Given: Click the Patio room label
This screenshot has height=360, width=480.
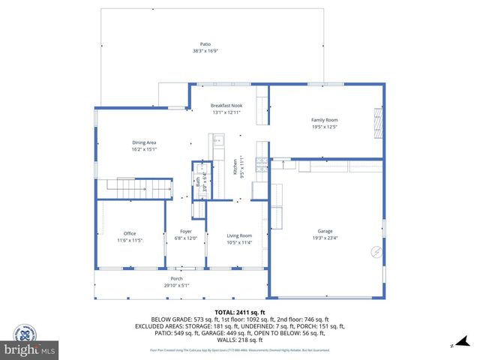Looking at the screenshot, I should [205, 44].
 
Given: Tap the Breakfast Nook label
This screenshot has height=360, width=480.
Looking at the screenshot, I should [226, 106].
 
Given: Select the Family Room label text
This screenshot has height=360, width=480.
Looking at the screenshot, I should [325, 120].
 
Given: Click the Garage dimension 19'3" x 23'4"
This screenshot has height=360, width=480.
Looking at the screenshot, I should [325, 238].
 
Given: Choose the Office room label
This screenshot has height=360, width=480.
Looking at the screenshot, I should [130, 234].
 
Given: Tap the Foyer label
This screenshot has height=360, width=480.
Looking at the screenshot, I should [185, 231].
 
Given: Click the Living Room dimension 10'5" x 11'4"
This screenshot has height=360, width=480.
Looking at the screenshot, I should [239, 242].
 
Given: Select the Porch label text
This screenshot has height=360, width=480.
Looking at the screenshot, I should [177, 278].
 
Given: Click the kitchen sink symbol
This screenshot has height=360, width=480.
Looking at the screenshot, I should [217, 140].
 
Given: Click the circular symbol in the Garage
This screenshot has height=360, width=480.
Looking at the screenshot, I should [375, 252].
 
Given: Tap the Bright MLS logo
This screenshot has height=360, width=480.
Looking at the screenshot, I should [29, 349].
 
